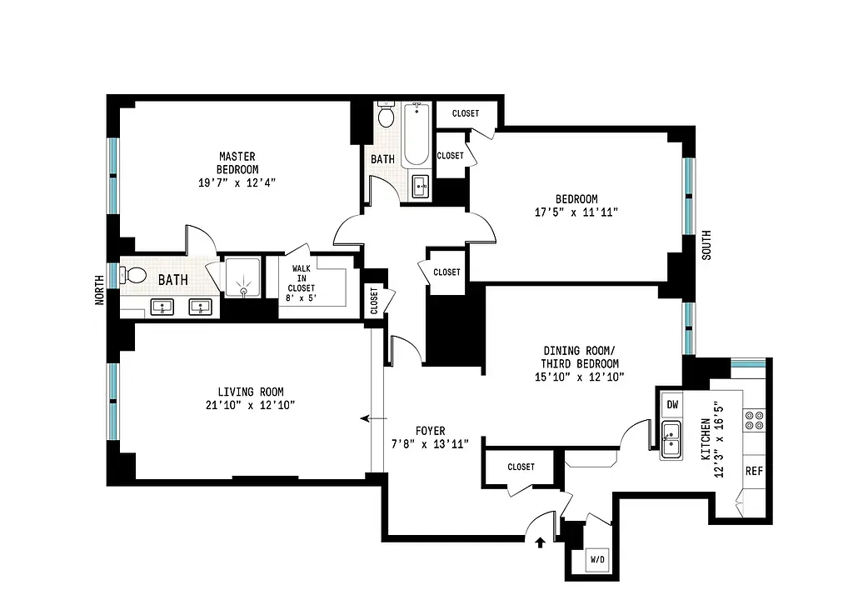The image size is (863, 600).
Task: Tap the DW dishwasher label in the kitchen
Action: coord(672,405)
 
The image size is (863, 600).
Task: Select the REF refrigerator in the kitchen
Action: coord(754,471)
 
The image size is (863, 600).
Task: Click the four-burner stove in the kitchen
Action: coord(755,419)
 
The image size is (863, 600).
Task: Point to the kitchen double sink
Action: coord(671,434)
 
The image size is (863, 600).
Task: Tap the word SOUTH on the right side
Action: coord(706,247)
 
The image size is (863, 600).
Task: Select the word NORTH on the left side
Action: coord(99,291)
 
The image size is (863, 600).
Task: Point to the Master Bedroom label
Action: coord(237,162)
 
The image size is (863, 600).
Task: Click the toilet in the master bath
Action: coord(132,275)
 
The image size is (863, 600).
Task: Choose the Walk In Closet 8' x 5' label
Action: coord(303,282)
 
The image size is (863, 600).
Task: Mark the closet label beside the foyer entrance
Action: coord(521,467)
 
